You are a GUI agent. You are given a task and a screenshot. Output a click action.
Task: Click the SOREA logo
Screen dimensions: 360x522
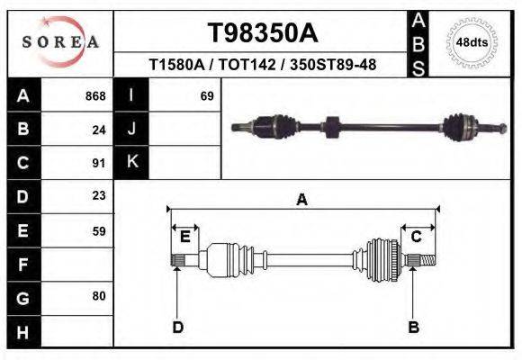point(60,42)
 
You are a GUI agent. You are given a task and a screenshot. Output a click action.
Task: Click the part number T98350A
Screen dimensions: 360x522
point(262,33)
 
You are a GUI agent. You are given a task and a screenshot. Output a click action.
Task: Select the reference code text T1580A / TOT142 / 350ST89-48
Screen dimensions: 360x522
point(262,65)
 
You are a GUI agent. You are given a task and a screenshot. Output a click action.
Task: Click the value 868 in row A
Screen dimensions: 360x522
point(95,95)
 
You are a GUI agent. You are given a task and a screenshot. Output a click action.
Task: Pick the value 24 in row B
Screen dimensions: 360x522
point(99,129)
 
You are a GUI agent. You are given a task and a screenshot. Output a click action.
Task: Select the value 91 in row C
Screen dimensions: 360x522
point(99,163)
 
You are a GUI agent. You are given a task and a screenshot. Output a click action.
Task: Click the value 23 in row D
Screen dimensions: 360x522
point(99,195)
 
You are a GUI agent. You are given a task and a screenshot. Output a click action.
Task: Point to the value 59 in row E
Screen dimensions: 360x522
point(99,230)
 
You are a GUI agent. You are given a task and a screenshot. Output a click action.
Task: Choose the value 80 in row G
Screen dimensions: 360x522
point(99,296)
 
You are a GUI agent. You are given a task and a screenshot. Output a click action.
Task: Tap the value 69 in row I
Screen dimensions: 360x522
point(206,95)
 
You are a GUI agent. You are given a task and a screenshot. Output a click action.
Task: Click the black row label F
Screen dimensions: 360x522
point(22,265)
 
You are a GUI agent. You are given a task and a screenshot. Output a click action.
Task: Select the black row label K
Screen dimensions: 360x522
point(131,163)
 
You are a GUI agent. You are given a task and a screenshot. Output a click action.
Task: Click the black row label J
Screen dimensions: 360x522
point(131,129)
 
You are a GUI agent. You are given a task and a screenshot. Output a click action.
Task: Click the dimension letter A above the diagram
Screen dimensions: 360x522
point(302,200)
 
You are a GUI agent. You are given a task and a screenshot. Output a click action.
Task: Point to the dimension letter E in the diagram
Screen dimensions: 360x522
point(184,237)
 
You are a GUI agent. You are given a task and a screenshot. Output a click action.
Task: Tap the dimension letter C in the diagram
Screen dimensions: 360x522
point(417,237)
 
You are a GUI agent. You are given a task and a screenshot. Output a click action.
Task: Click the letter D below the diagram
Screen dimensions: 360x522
point(177,327)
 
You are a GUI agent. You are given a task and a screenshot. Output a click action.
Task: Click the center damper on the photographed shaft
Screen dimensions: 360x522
point(329,127)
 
